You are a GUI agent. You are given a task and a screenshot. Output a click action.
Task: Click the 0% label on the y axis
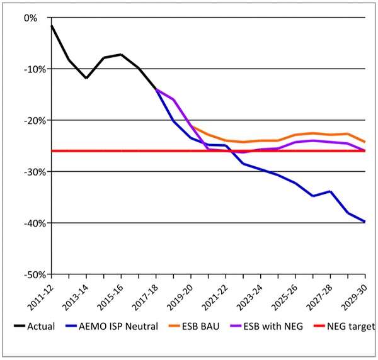click(29, 18)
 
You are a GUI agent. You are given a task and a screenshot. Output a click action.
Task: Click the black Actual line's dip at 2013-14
click(86, 78)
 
